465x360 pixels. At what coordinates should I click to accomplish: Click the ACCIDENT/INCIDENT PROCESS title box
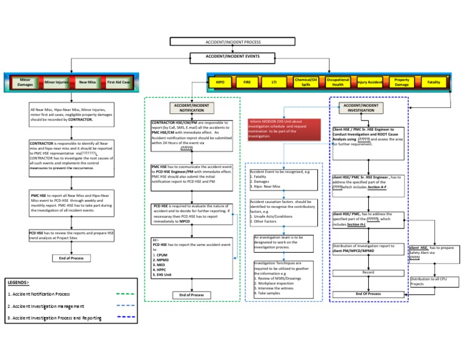[234, 42]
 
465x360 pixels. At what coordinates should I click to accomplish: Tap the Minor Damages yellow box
[25, 82]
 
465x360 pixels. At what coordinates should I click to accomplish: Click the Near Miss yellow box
[87, 82]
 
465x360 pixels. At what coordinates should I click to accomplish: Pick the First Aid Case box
[118, 82]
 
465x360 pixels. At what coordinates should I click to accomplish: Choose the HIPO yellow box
[220, 81]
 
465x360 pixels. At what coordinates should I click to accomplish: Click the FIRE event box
[247, 81]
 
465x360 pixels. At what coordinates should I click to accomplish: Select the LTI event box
[274, 81]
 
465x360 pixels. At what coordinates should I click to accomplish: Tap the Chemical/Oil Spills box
[306, 81]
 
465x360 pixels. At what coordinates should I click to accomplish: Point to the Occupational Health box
[337, 81]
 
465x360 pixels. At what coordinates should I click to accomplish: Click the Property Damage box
[401, 81]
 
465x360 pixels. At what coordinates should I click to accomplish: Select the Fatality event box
[434, 81]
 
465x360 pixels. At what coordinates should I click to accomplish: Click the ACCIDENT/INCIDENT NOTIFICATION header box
[191, 108]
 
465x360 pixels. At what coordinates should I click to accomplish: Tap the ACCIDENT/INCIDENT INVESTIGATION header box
[361, 108]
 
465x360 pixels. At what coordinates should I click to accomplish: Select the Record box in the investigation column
[368, 273]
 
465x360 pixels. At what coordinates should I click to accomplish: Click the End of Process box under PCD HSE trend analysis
[71, 258]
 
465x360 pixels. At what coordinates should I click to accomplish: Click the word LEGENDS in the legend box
[19, 282]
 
